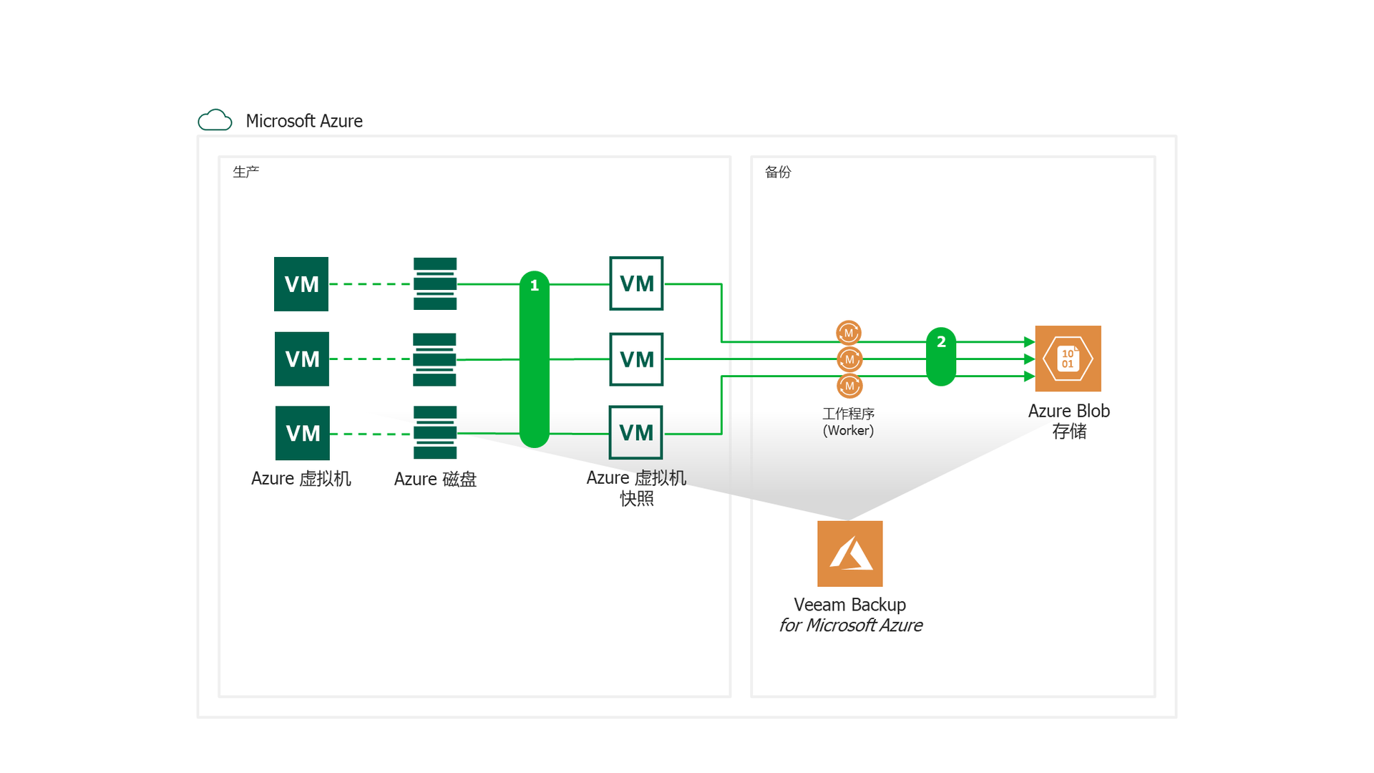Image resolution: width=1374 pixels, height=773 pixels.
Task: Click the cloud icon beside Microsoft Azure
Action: (215, 120)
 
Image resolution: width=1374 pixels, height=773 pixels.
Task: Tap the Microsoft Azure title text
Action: (304, 121)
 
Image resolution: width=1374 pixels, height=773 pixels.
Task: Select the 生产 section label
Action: (245, 172)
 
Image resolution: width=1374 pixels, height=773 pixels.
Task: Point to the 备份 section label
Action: (778, 172)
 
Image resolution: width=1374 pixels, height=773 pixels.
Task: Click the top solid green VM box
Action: (301, 284)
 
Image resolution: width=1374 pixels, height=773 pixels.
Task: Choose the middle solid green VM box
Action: (302, 359)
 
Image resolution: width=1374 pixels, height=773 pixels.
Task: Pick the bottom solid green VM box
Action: (303, 433)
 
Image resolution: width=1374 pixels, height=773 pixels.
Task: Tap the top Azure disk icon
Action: (435, 283)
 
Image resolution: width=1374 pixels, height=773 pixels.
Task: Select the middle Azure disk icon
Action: (434, 359)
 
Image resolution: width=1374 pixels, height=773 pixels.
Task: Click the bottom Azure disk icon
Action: (435, 432)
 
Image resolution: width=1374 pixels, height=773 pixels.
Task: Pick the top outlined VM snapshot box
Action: (636, 283)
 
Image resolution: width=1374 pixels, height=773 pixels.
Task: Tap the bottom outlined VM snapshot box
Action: (635, 432)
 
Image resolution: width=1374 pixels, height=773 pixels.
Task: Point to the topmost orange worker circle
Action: (849, 333)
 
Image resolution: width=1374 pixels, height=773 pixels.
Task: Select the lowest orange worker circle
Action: (849, 386)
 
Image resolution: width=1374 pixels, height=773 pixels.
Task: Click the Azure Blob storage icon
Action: (1068, 359)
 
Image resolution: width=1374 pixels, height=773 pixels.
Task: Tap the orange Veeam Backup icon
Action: (850, 553)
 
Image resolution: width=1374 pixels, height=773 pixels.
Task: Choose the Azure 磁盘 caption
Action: (435, 479)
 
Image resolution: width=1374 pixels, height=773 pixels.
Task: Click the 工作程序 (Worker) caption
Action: (849, 422)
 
